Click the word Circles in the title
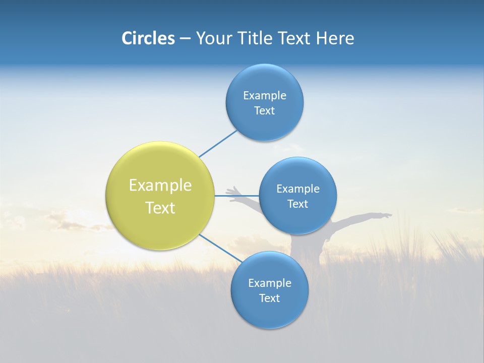tap(148, 38)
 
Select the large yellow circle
tap(160, 196)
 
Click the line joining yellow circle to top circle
tap(218, 144)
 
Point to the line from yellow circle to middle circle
tap(236, 196)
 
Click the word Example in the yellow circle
tap(160, 186)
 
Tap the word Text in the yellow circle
tap(160, 208)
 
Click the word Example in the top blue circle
tap(264, 96)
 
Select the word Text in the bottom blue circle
tap(269, 298)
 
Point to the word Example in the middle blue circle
tap(297, 189)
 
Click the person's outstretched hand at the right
tap(385, 216)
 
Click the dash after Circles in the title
tap(185, 39)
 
